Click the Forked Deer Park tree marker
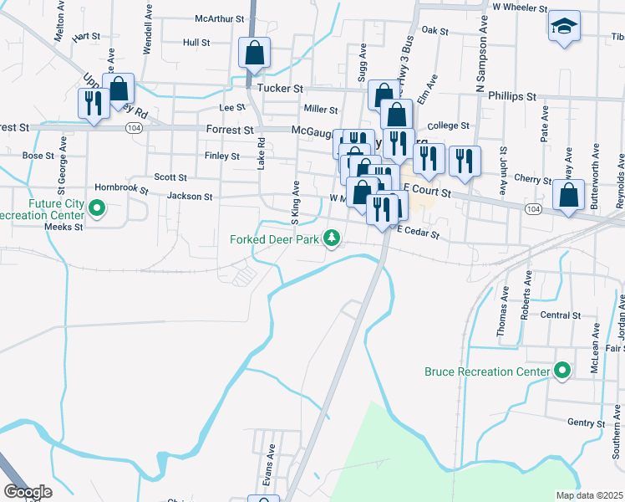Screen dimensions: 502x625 click(333, 239)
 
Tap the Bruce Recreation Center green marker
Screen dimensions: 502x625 click(562, 370)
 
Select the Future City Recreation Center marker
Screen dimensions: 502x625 click(97, 207)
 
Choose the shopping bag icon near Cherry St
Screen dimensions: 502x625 click(569, 196)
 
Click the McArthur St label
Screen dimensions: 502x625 click(219, 18)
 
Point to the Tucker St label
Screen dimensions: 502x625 click(280, 88)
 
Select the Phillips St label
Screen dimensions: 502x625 click(512, 97)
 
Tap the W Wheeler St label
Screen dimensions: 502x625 click(520, 7)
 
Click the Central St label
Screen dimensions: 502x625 click(560, 315)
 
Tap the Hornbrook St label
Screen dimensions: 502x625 click(121, 190)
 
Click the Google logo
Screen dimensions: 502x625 click(28, 491)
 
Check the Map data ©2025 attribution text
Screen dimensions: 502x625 click(588, 495)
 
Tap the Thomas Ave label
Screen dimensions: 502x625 click(505, 307)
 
